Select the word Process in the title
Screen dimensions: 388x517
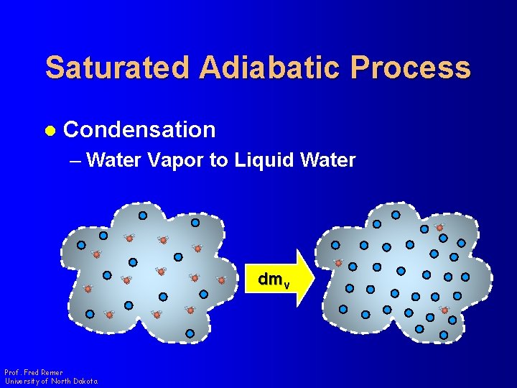pyautogui.click(x=411, y=68)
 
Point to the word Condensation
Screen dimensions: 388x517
pyautogui.click(x=139, y=129)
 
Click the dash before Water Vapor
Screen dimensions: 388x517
pyautogui.click(x=76, y=160)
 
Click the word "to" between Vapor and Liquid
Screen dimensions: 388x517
pyautogui.click(x=218, y=160)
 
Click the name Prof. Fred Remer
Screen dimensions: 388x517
pyautogui.click(x=34, y=372)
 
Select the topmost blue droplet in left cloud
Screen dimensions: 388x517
pyautogui.click(x=143, y=215)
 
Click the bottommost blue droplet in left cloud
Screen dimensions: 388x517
pyautogui.click(x=190, y=333)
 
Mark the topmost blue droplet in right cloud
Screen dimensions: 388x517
pyautogui.click(x=396, y=214)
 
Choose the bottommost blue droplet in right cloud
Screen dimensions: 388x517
pyautogui.click(x=443, y=335)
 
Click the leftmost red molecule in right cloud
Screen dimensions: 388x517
pyautogui.click(x=338, y=263)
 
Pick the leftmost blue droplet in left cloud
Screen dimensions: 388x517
pyautogui.click(x=81, y=245)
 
